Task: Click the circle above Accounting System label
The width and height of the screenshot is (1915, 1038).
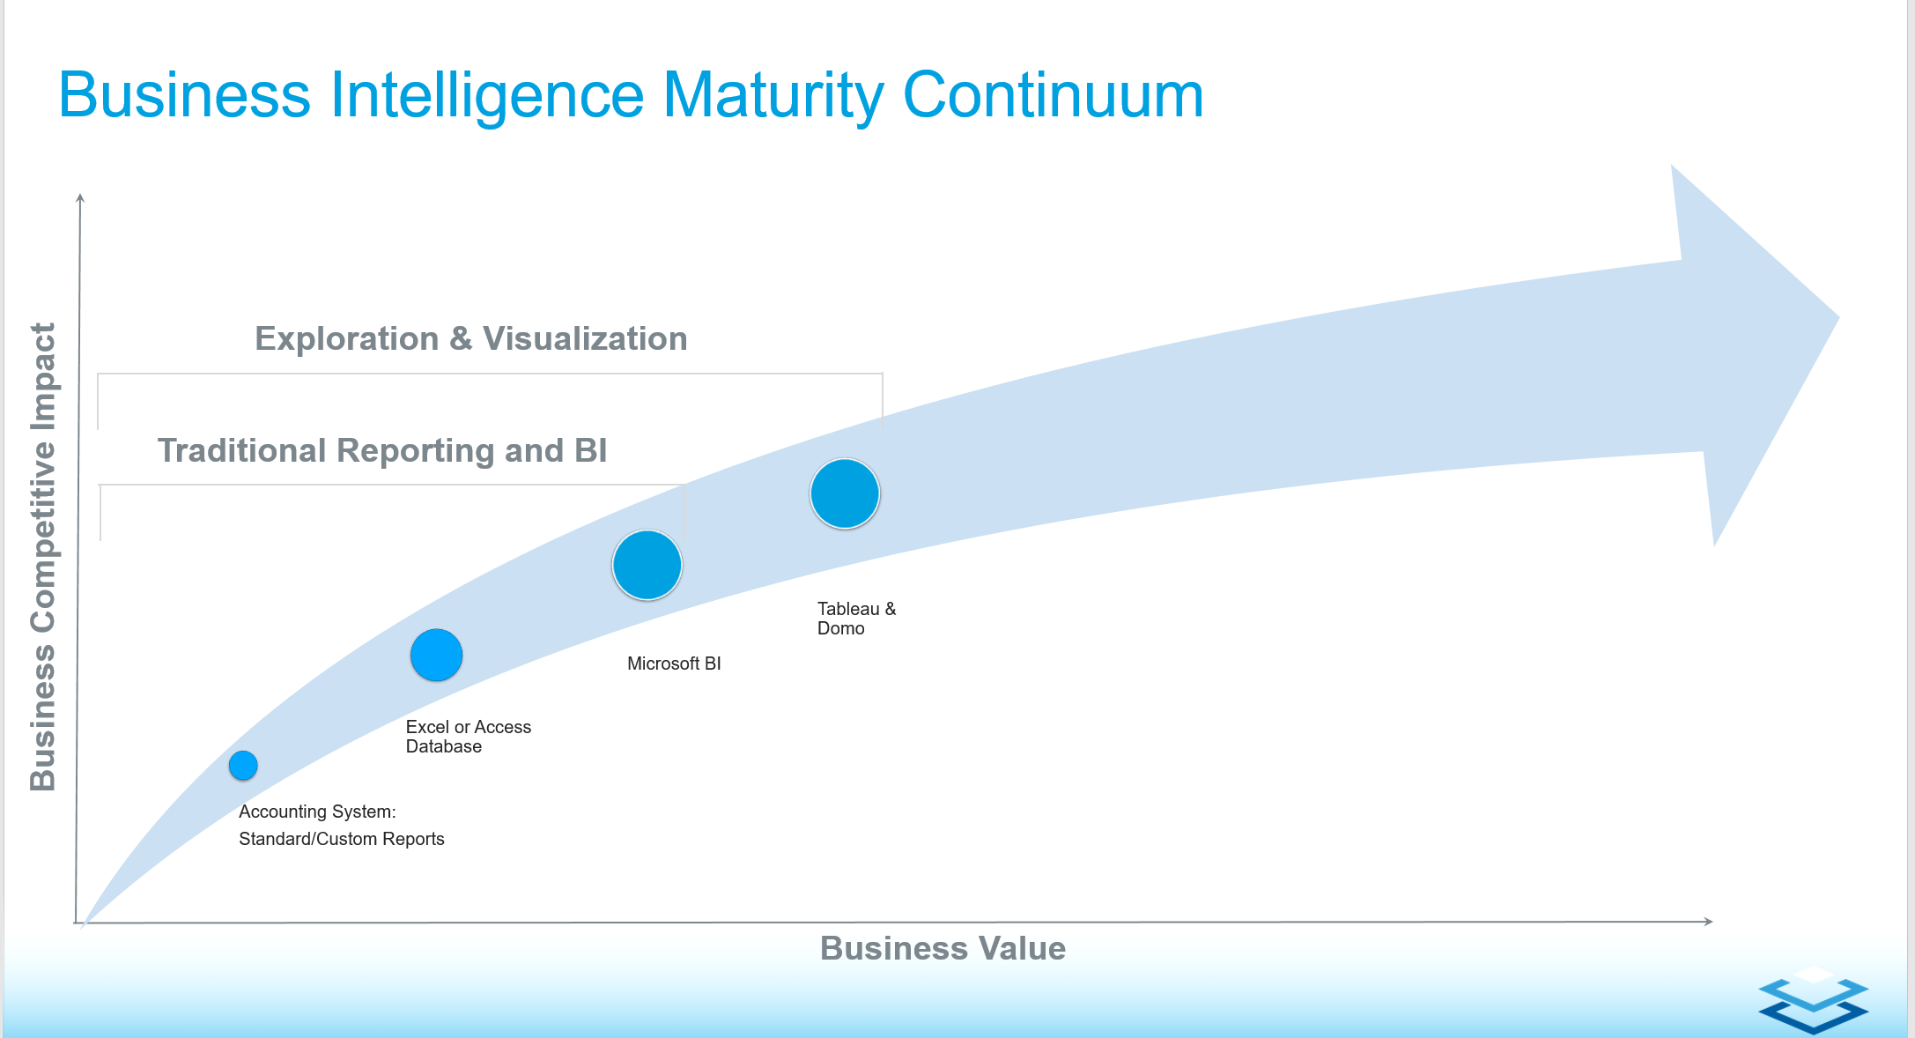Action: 243,766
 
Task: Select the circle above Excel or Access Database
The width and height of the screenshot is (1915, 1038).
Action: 436,656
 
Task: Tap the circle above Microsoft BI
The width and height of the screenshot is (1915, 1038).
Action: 647,565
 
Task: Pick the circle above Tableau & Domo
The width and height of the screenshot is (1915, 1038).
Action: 845,493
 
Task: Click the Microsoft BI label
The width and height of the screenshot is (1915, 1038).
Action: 674,664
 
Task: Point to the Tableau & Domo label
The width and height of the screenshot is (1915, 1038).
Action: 856,619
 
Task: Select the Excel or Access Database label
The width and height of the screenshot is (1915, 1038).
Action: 469,737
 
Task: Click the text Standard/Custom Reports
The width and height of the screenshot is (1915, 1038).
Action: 342,839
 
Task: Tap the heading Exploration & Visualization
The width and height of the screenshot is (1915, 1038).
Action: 471,338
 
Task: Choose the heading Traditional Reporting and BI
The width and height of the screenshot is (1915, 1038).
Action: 382,450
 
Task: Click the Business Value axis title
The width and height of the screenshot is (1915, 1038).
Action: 943,948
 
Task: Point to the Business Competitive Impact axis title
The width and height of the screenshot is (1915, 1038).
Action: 43,557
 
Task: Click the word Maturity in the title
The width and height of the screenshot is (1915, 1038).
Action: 773,96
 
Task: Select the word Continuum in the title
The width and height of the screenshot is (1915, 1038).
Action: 1054,95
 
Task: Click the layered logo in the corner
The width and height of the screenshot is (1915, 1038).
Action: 1814,999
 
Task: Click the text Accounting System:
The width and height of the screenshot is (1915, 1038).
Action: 317,812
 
